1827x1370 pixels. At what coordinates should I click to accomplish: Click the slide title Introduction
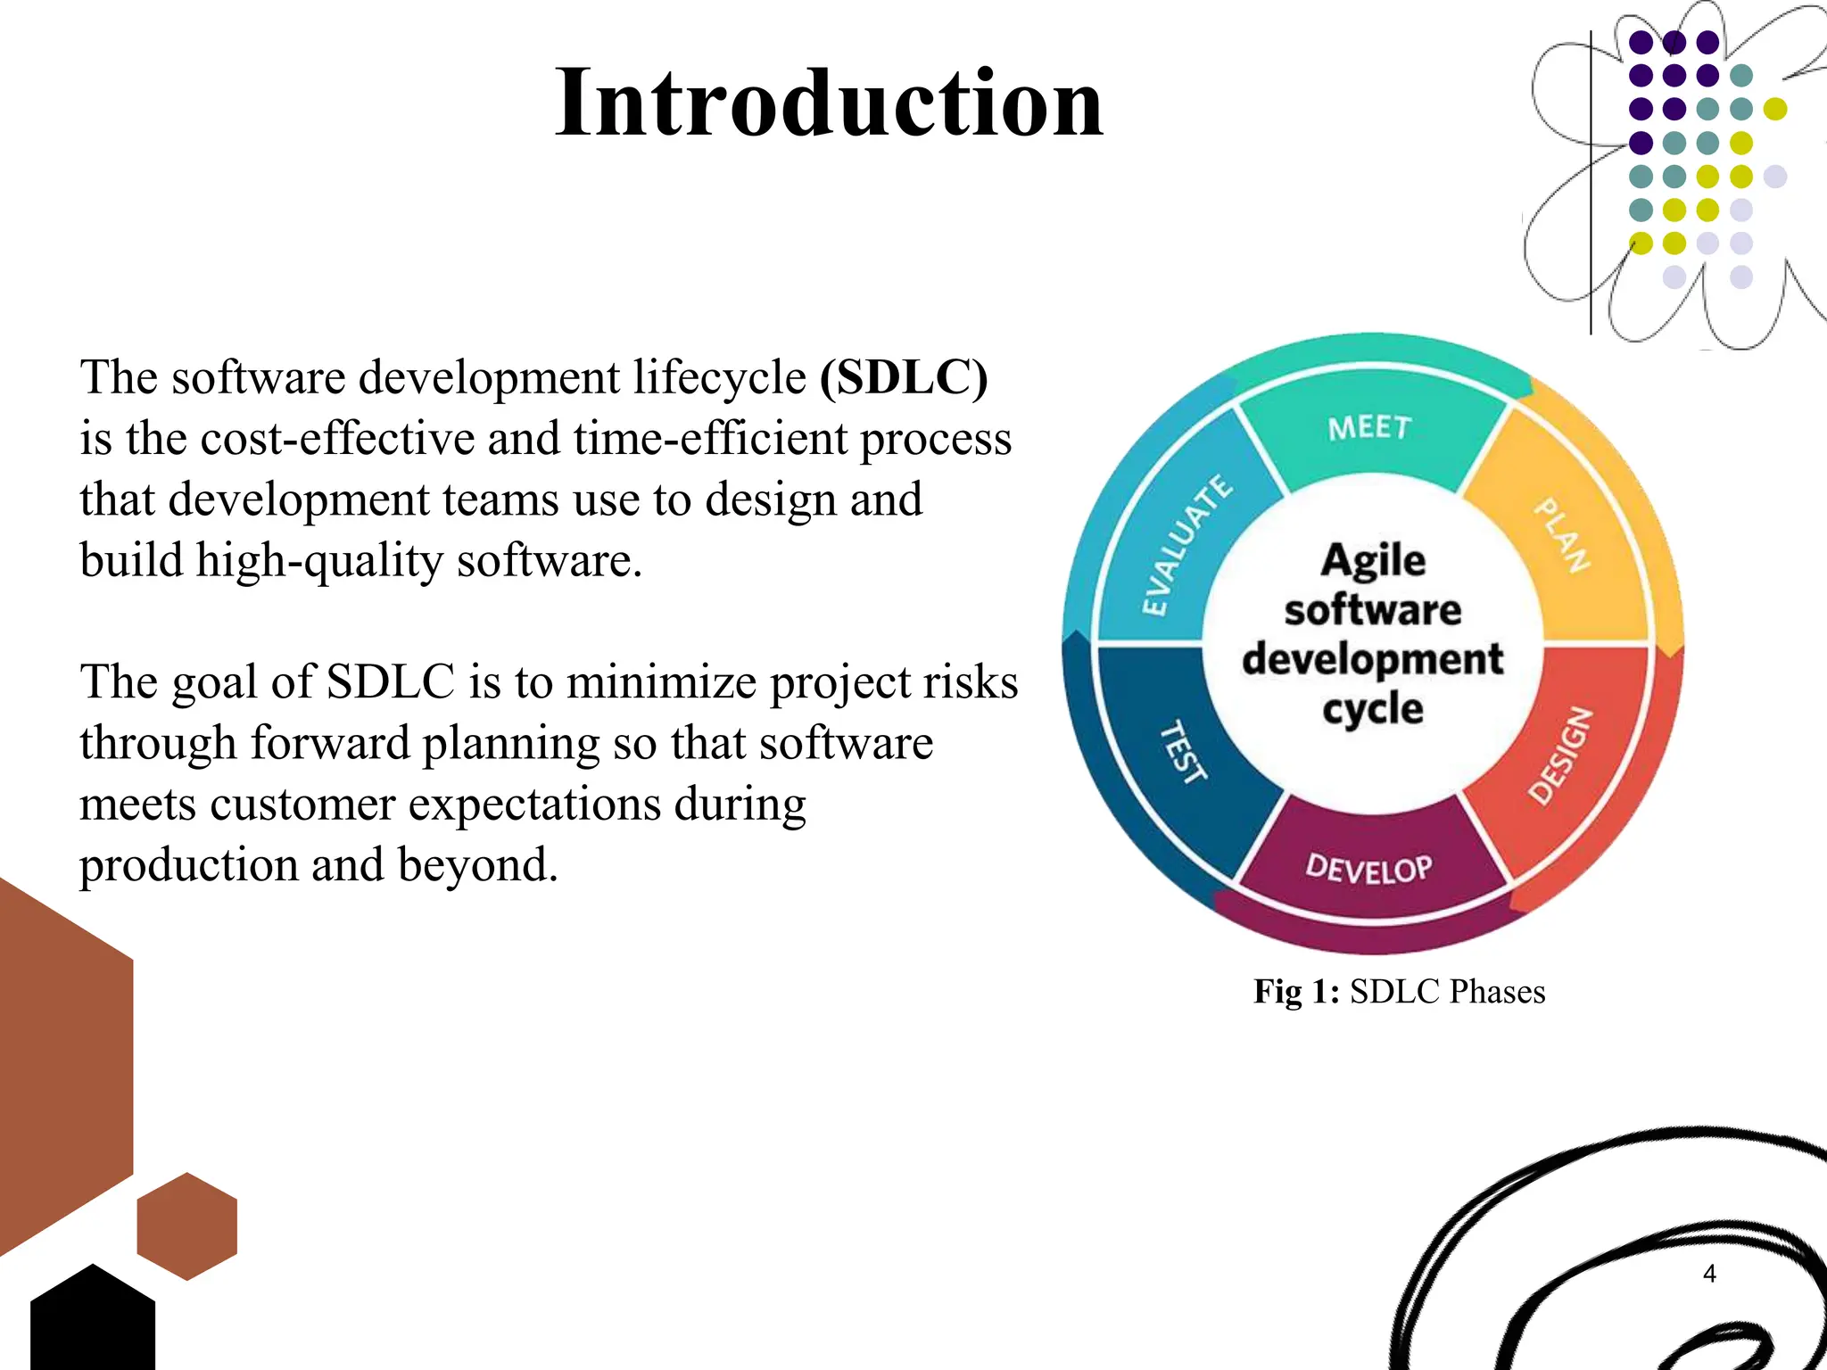click(829, 103)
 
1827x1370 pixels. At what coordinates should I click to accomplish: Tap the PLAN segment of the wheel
click(1563, 535)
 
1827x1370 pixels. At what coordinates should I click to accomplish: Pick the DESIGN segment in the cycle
click(1561, 755)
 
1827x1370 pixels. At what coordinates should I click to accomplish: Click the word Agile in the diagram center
click(1373, 561)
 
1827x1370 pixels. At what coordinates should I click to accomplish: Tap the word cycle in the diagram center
click(1372, 710)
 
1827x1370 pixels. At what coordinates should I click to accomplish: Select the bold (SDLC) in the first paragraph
click(904, 378)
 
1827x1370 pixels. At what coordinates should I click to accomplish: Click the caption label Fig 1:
click(1296, 992)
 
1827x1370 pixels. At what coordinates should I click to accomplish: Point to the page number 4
click(1709, 1274)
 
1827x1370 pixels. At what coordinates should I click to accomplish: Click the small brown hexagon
click(187, 1226)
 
